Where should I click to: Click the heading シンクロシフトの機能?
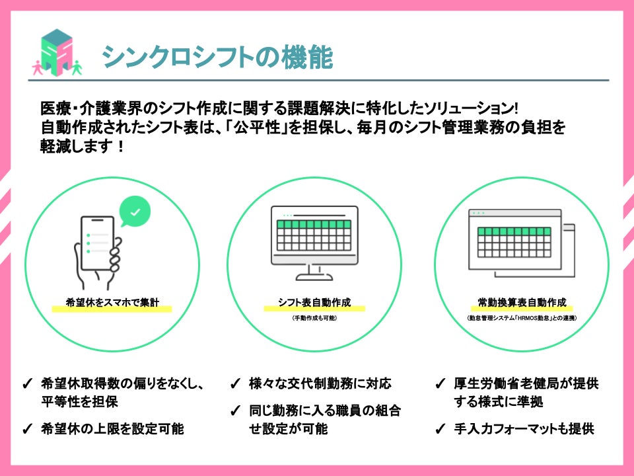pyautogui.click(x=217, y=58)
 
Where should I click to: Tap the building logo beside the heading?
pyautogui.click(x=57, y=53)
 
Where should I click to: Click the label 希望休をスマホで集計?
pyautogui.click(x=112, y=303)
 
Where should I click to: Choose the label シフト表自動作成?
pyautogui.click(x=314, y=303)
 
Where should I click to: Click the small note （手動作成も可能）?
pyautogui.click(x=314, y=318)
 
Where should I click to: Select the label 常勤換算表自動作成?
pyautogui.click(x=522, y=303)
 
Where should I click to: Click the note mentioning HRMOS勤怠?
pyautogui.click(x=522, y=318)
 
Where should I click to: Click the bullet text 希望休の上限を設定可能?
pyautogui.click(x=112, y=428)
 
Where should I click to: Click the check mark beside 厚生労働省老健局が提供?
pyautogui.click(x=440, y=384)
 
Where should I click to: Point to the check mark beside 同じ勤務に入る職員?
pyautogui.click(x=234, y=411)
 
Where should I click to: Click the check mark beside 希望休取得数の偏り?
pyautogui.click(x=27, y=384)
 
